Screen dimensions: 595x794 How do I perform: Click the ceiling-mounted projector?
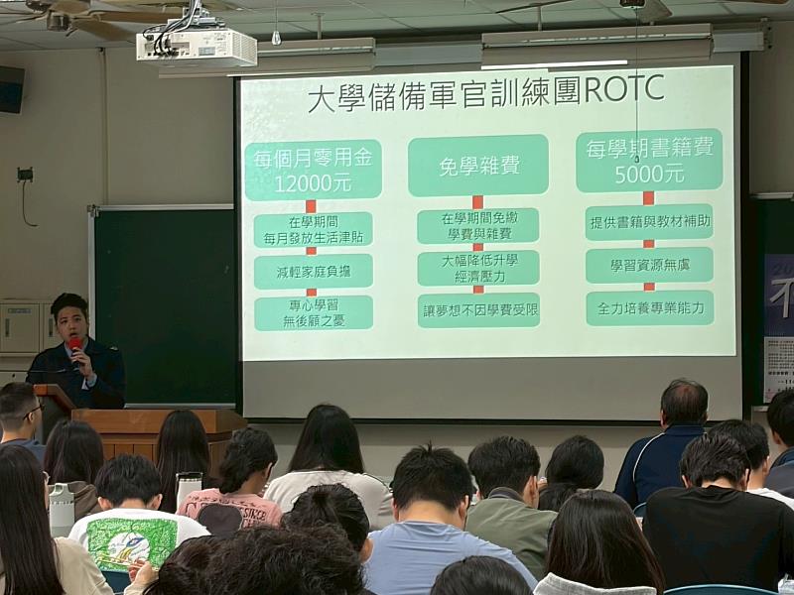[197, 46]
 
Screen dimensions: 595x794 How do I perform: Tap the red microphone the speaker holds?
[75, 346]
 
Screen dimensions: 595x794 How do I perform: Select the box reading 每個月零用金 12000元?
[313, 170]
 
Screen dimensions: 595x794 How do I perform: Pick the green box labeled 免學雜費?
[477, 166]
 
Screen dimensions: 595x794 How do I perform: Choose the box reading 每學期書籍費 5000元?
[648, 161]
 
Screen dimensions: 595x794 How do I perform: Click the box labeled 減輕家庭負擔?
[313, 271]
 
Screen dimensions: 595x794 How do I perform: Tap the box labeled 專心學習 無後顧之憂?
[313, 312]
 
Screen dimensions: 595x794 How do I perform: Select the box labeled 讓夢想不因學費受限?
[477, 309]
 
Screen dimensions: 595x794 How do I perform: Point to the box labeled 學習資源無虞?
[648, 266]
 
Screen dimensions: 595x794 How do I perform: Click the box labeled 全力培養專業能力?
[648, 308]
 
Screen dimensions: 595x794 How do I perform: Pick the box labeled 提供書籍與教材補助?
[648, 222]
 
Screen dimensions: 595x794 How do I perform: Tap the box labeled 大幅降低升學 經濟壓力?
[477, 268]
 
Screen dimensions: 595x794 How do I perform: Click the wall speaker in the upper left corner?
[11, 89]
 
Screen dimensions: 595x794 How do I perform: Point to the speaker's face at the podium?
[72, 323]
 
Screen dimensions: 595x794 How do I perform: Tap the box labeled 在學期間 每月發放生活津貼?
[313, 229]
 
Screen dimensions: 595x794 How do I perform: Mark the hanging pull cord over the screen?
[636, 89]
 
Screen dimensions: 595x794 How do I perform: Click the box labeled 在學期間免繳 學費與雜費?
[477, 225]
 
